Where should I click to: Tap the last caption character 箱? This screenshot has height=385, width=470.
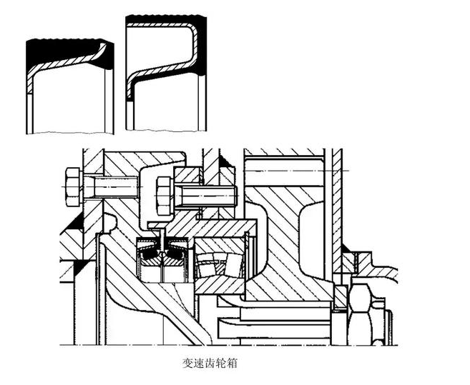pyautogui.click(x=230, y=363)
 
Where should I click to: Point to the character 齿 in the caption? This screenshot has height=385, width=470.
pyautogui.click(x=210, y=363)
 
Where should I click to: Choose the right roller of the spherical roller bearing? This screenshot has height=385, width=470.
pyautogui.click(x=228, y=260)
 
